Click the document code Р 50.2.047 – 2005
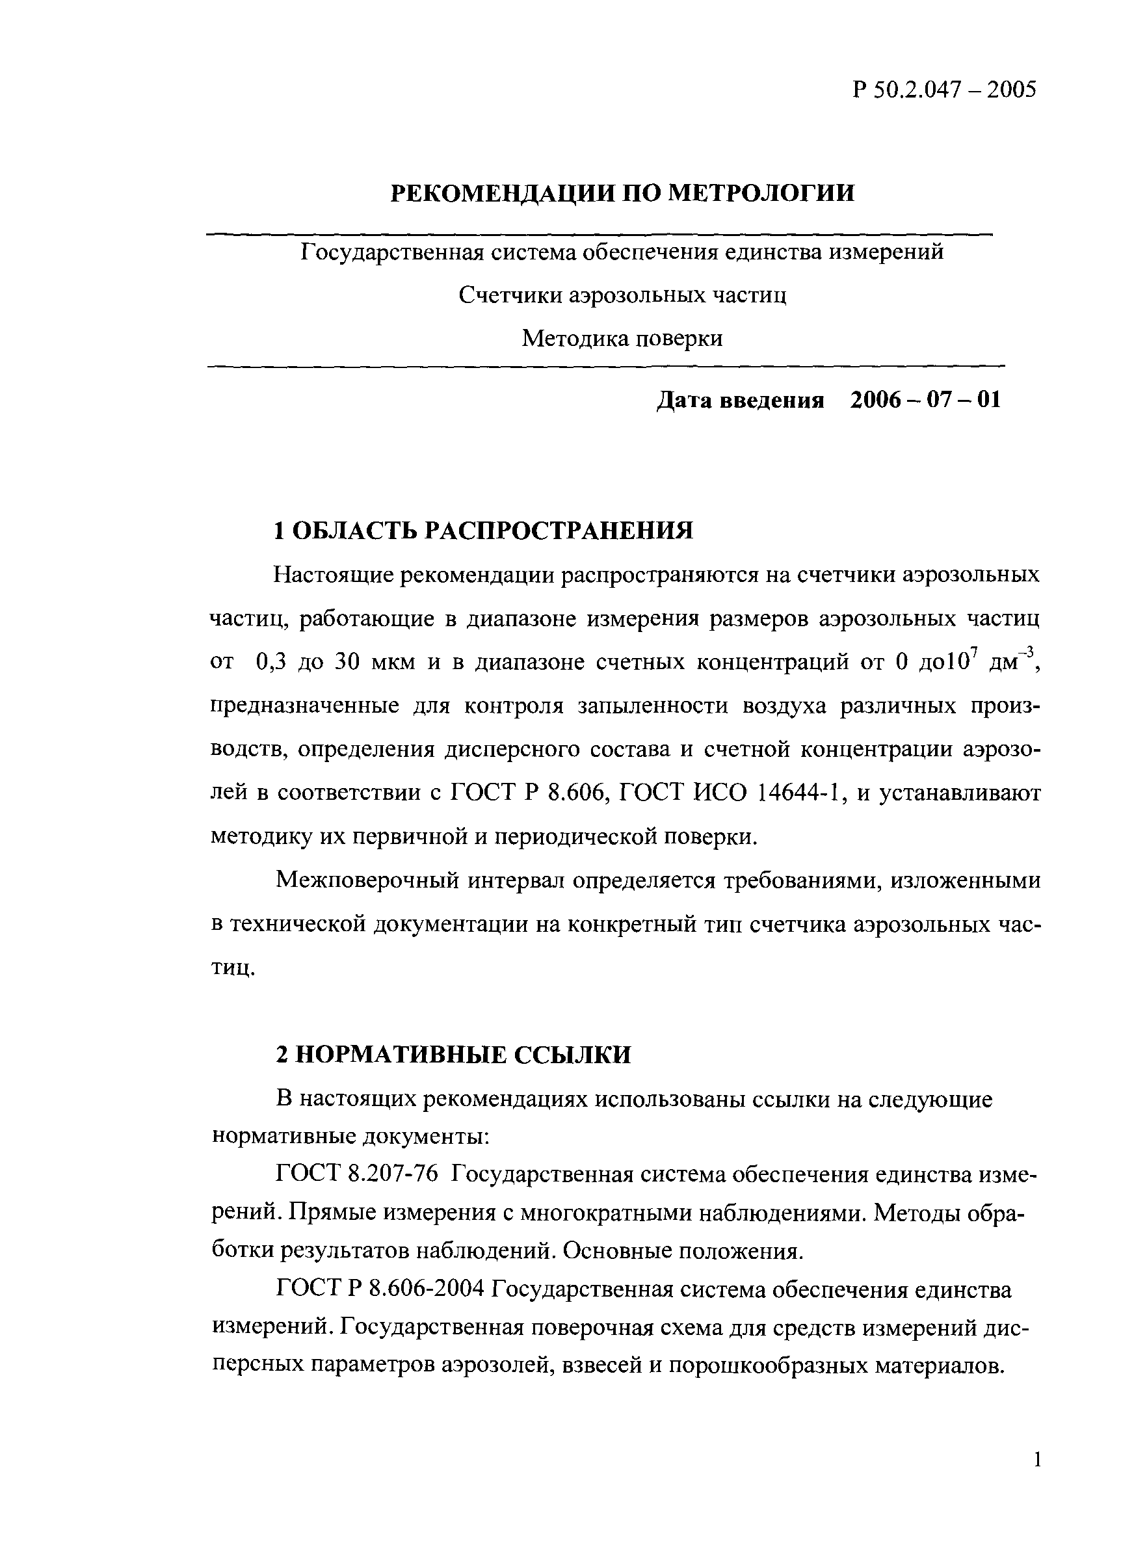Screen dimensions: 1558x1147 [x=943, y=90]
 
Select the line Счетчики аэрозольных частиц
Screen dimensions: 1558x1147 [x=622, y=296]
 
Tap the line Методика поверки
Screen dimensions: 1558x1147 [x=622, y=339]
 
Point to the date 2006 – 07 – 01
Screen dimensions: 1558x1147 [x=925, y=400]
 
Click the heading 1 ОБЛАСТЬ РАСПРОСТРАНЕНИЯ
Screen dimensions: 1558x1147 [x=483, y=531]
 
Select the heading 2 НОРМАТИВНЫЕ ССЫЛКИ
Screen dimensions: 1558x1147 [x=453, y=1055]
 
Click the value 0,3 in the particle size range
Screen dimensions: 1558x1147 [x=270, y=663]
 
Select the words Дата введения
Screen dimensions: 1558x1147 [x=740, y=401]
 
